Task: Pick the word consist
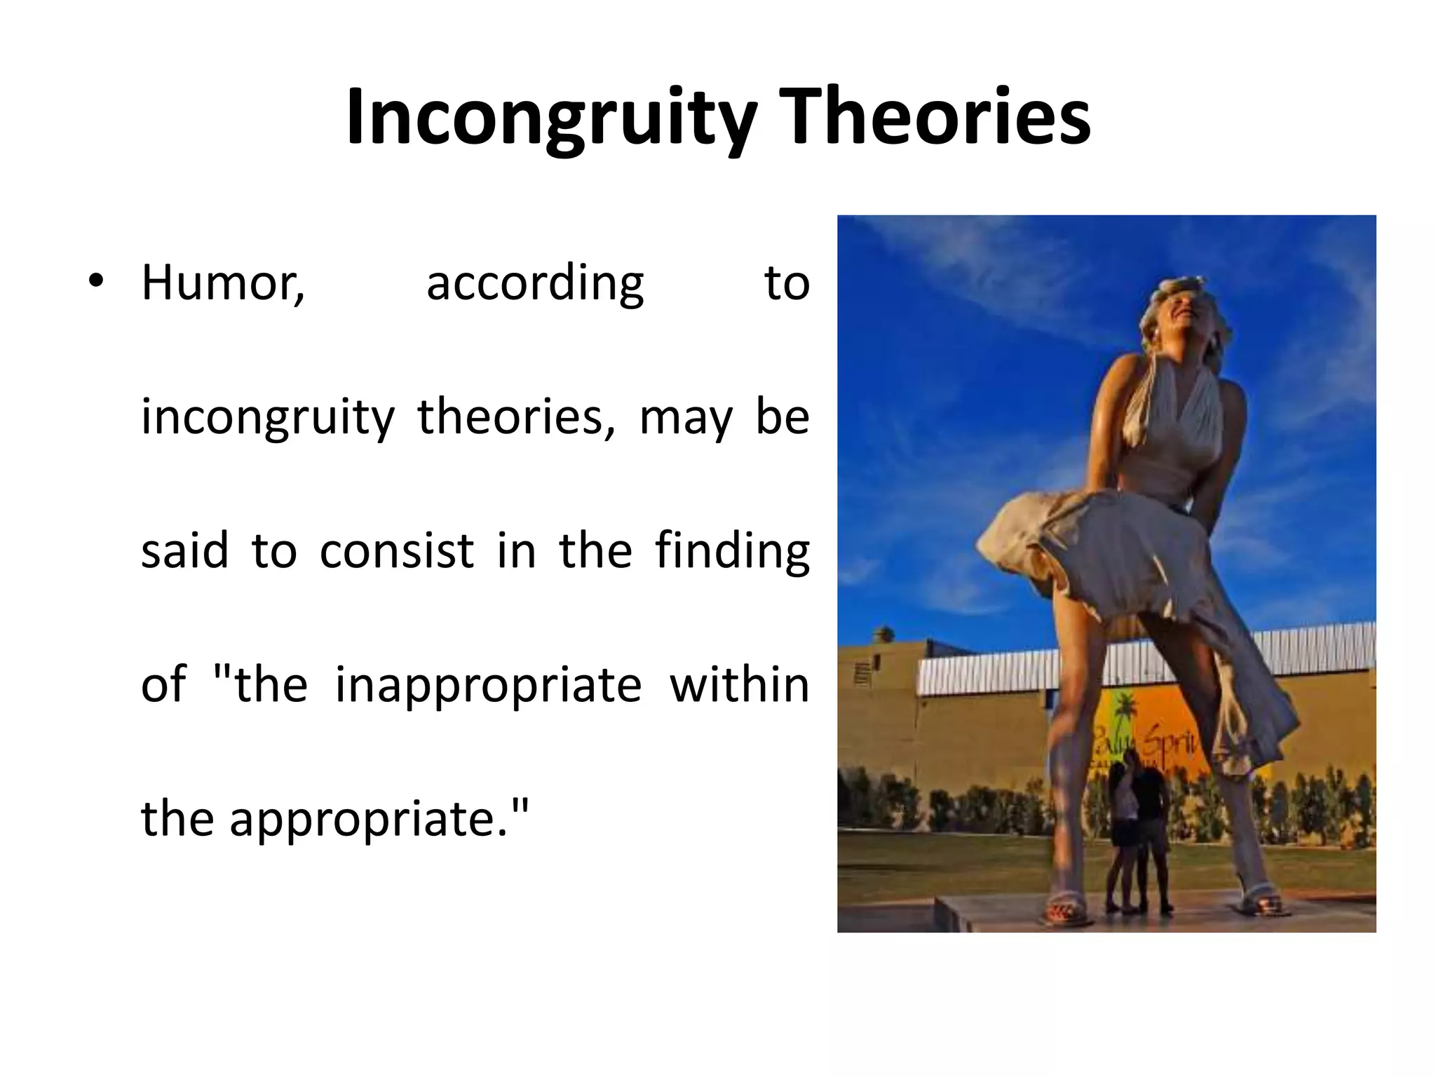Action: [397, 551]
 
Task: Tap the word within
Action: [739, 684]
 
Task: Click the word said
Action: [184, 551]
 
